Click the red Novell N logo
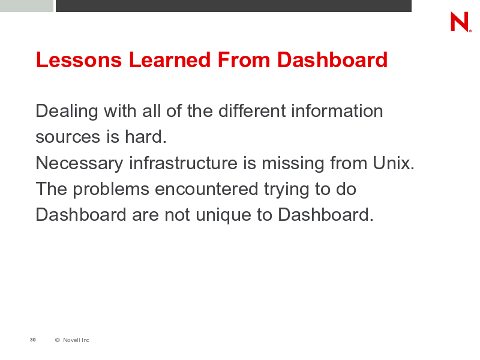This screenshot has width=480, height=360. point(460,22)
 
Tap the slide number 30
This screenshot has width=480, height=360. point(33,340)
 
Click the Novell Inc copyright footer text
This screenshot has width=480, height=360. point(72,340)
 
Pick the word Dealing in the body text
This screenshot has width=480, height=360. point(67,111)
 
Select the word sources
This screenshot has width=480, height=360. point(68,137)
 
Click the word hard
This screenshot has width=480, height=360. point(146,137)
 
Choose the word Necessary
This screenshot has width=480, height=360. point(79,163)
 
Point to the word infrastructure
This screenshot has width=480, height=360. point(183,163)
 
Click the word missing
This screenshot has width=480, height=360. point(293,163)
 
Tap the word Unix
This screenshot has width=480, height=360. point(394,163)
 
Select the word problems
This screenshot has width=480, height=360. point(111,189)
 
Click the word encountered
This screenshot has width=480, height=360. point(206,188)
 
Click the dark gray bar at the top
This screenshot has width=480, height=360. point(233,6)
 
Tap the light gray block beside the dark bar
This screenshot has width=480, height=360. point(26,6)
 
